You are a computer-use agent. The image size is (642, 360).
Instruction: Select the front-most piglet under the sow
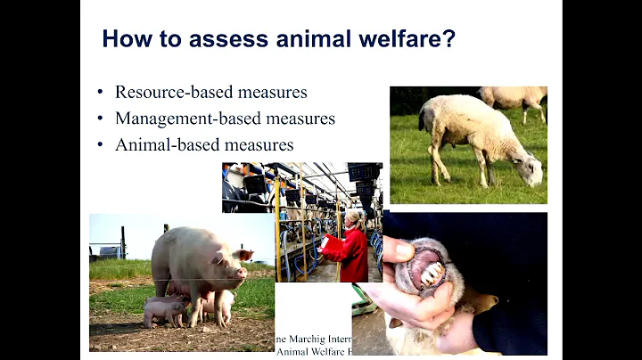pos(165,311)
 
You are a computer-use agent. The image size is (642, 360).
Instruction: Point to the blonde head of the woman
pos(353,218)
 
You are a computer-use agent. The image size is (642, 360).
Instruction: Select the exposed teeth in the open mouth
pos(428,272)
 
